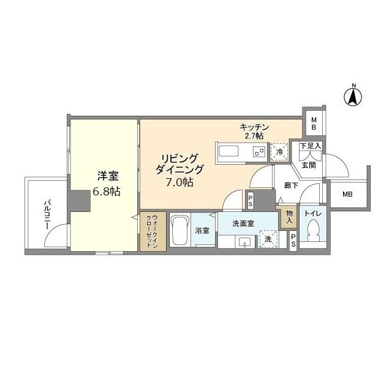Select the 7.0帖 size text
(179, 182)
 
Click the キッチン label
(254, 127)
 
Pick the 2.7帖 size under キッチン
(254, 135)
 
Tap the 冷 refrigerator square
(279, 151)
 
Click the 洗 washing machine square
(267, 238)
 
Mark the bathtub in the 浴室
(181, 230)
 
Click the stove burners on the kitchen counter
(260, 151)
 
